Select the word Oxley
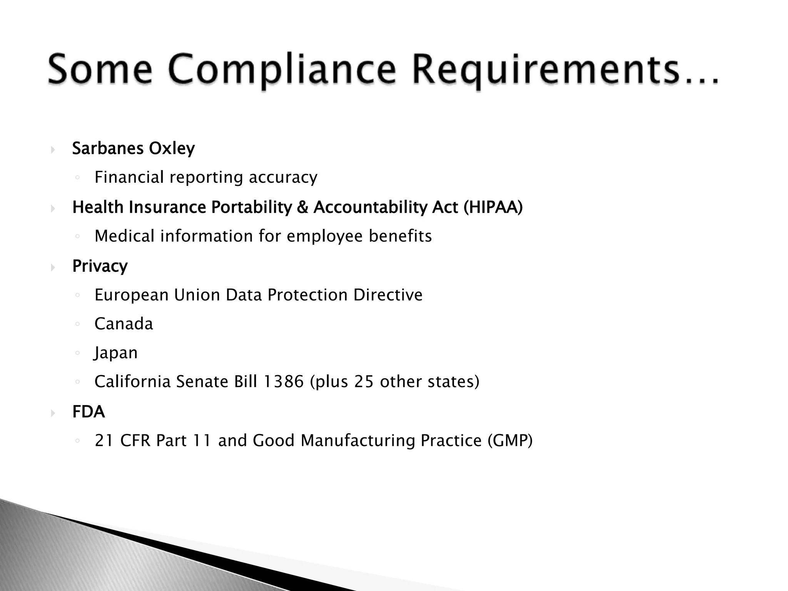pyautogui.click(x=172, y=149)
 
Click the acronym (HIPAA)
pyautogui.click(x=493, y=207)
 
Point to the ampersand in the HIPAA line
pyautogui.click(x=303, y=207)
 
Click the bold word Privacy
pyautogui.click(x=100, y=266)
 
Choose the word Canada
pyautogui.click(x=124, y=324)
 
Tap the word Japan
pyautogui.click(x=116, y=353)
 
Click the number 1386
pyautogui.click(x=283, y=382)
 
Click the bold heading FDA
pyautogui.click(x=88, y=412)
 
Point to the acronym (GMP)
pyautogui.click(x=510, y=441)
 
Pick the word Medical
pyautogui.click(x=125, y=236)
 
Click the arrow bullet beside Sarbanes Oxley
pyautogui.click(x=53, y=150)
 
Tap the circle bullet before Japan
pyautogui.click(x=77, y=353)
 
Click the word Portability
pyautogui.click(x=252, y=207)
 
